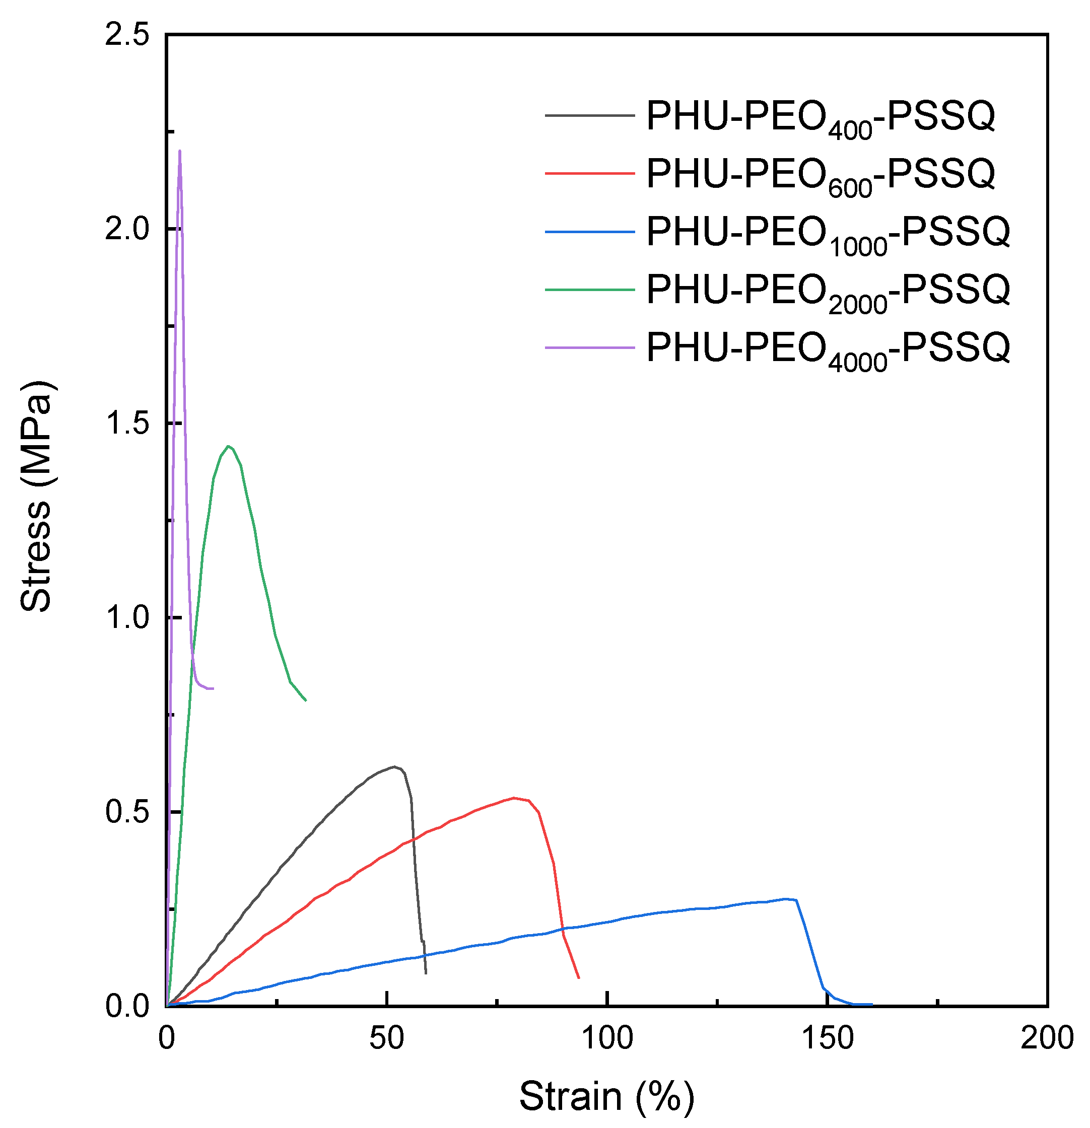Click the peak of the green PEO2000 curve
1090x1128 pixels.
click(x=229, y=446)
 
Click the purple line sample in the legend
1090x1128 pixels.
click(x=589, y=347)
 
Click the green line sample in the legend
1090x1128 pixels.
click(x=589, y=290)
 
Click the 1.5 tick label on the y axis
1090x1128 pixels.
click(x=126, y=424)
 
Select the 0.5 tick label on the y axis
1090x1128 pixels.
click(x=126, y=812)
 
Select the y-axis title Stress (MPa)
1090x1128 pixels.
click(x=37, y=496)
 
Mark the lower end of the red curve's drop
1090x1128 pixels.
click(x=578, y=977)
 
